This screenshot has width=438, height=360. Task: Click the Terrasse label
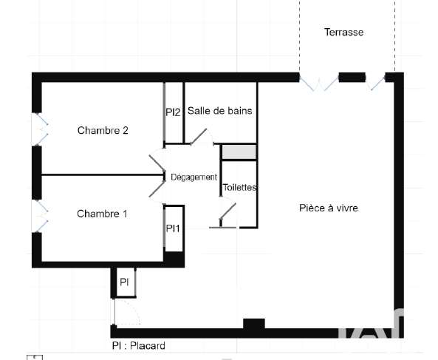click(x=344, y=32)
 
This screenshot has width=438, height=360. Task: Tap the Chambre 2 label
click(x=103, y=131)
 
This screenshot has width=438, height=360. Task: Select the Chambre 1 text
click(x=102, y=214)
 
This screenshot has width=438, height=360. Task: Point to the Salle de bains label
click(x=220, y=111)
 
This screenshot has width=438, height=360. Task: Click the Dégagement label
click(x=194, y=177)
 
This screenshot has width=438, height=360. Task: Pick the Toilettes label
click(x=239, y=187)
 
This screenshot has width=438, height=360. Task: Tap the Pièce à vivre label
click(x=329, y=208)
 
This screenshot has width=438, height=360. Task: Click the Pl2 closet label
click(x=173, y=112)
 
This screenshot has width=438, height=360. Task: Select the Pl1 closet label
click(x=173, y=228)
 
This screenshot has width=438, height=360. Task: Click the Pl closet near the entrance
click(x=124, y=282)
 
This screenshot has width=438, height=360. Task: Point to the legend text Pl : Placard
click(x=139, y=346)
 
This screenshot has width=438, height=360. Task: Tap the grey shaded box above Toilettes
click(x=239, y=152)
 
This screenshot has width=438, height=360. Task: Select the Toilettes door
click(x=228, y=211)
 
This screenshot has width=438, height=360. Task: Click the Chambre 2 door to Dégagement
click(x=157, y=163)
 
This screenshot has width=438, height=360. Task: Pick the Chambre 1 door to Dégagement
click(x=157, y=189)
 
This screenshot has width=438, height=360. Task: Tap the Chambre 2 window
click(x=40, y=129)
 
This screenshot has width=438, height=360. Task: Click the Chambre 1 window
click(x=40, y=216)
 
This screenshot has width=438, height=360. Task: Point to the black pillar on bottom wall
click(x=254, y=325)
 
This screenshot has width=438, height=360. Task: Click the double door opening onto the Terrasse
click(x=319, y=83)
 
